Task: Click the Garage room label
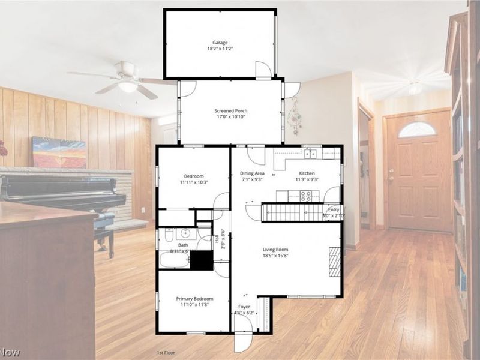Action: pos(220,43)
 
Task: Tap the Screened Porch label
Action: pos(231,111)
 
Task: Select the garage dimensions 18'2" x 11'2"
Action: pos(220,49)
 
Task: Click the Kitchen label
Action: pos(307,173)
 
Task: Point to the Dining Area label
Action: pos(253,173)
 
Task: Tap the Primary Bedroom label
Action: pos(194,298)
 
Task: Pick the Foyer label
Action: pos(244,306)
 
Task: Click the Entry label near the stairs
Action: pos(334,209)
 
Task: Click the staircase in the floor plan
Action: pos(293,212)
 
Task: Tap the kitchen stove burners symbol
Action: pos(306,195)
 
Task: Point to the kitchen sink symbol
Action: pos(310,154)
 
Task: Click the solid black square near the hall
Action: pos(201,260)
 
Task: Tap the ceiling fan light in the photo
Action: pos(128,86)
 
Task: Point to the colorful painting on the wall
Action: pos(59,152)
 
